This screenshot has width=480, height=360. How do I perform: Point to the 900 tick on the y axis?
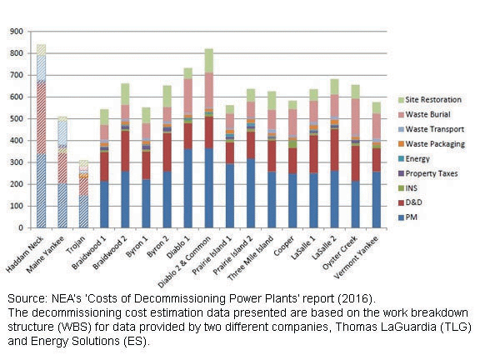[15, 32]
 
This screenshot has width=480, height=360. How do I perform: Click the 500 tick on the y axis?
[15, 118]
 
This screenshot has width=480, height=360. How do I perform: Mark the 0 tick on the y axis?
[20, 227]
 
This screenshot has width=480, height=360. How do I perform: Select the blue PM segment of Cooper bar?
[292, 200]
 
